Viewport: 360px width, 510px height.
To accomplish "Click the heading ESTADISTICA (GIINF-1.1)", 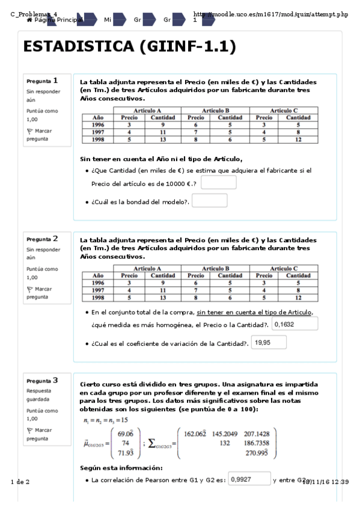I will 129,48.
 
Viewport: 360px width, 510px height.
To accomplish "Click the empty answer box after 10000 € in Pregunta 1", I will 218,182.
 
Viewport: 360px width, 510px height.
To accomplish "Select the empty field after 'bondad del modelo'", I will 209,201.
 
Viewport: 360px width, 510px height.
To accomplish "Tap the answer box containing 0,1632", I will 294,324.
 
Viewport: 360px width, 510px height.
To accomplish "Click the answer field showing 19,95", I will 269,343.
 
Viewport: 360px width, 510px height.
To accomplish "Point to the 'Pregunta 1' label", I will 42,81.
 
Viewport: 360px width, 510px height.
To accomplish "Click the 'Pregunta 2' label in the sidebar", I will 42,239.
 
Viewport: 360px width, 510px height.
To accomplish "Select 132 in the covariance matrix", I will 225,442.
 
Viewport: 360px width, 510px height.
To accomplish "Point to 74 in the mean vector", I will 125,442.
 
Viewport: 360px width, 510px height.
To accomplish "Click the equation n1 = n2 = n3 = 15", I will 98,420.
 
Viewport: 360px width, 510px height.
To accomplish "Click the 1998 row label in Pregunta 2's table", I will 98,297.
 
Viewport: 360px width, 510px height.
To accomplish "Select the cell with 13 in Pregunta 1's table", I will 162,139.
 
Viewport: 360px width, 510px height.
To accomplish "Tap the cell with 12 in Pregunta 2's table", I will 297,297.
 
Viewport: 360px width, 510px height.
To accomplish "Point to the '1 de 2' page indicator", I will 20,482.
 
